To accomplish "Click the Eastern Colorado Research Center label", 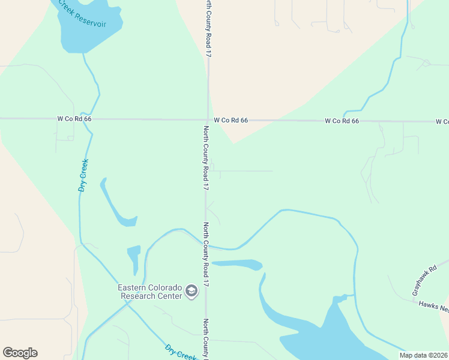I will [150, 291].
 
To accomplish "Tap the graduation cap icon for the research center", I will [191, 292].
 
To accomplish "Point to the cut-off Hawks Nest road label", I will [433, 307].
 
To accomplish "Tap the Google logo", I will [20, 353].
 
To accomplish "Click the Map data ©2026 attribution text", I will [423, 355].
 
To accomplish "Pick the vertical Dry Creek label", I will [83, 175].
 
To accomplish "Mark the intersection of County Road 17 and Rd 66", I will [208, 119].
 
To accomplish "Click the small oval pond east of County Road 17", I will [238, 264].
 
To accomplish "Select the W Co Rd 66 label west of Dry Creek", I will [74, 119].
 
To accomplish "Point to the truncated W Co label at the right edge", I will [442, 122].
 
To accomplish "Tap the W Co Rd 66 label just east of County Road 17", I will [231, 121].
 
